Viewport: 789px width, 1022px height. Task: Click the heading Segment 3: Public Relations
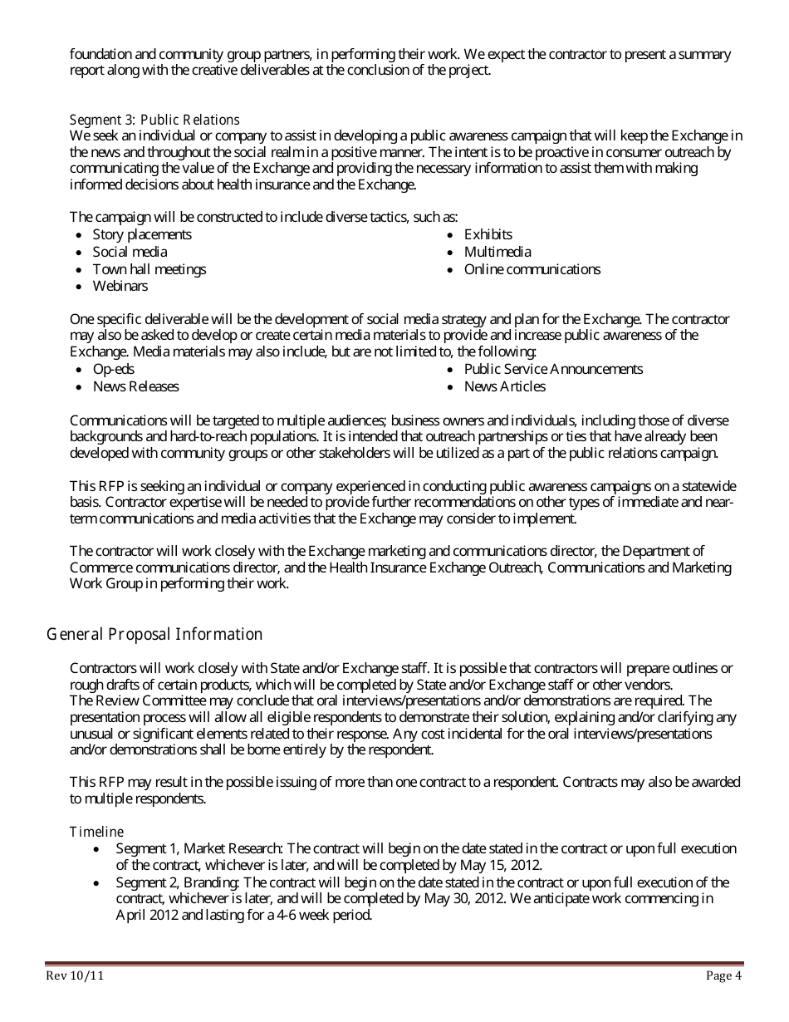tap(154, 120)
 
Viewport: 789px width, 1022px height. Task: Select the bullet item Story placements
tap(141, 235)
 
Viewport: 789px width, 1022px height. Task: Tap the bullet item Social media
tap(130, 252)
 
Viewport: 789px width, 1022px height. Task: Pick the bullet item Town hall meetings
tap(149, 269)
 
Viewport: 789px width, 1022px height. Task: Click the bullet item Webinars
tap(120, 286)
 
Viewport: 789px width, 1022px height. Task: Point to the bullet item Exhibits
tap(488, 235)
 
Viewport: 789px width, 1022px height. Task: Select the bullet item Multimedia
tap(497, 252)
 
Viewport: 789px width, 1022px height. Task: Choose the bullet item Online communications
tap(532, 269)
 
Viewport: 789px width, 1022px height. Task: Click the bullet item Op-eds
tap(113, 369)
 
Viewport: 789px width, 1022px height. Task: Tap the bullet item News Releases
tap(135, 386)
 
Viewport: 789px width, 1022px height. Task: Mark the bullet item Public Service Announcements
tap(553, 369)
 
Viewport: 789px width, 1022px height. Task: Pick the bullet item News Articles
tap(504, 386)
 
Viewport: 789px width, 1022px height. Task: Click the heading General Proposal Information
tap(154, 635)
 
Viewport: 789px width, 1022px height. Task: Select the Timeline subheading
tap(96, 832)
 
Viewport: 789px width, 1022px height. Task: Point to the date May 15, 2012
tap(493, 865)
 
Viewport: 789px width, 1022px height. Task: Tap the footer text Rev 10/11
tap(75, 976)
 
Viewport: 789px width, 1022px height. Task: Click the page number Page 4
tap(723, 976)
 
